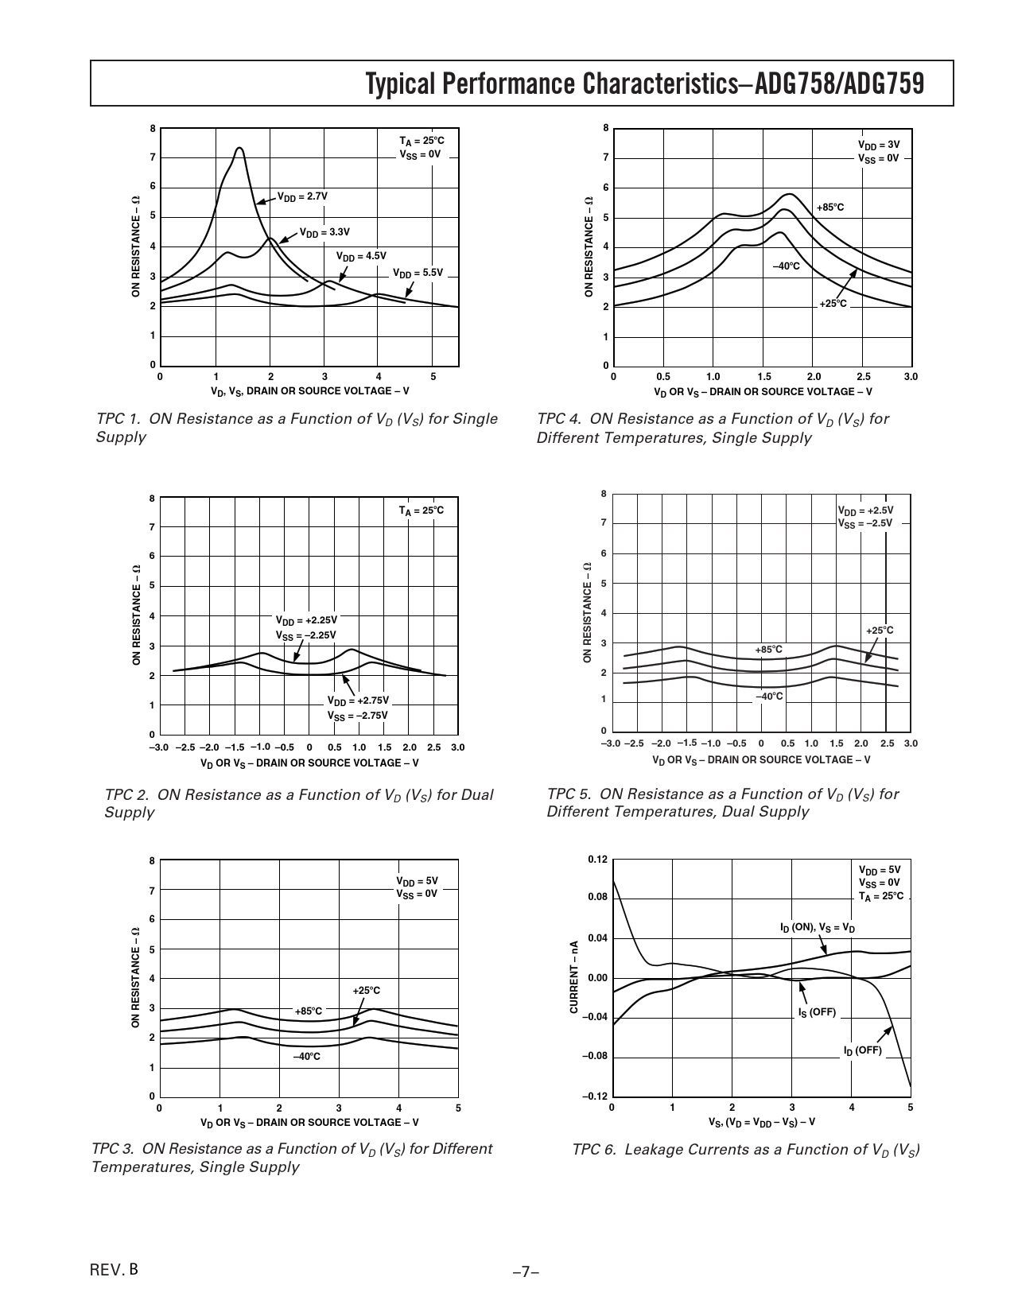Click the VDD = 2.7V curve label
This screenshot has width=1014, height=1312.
tap(302, 196)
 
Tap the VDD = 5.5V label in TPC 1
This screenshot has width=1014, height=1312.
tap(418, 273)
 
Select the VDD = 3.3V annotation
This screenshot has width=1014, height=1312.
tap(324, 232)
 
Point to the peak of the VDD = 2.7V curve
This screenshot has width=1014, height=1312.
tap(239, 148)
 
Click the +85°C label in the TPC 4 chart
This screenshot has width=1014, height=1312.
tap(830, 208)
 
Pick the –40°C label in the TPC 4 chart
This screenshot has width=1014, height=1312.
tap(787, 266)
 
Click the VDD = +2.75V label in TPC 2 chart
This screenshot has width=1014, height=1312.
tap(358, 701)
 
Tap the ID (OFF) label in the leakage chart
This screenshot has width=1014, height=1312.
tap(863, 1050)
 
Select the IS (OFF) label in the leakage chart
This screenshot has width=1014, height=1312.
tap(818, 1012)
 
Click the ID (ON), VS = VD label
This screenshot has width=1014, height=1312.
tap(818, 928)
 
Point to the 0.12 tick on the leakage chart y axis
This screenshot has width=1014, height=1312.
tap(597, 860)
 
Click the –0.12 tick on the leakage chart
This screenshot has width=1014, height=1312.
tap(595, 1097)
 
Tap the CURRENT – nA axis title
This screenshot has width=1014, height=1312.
tap(574, 977)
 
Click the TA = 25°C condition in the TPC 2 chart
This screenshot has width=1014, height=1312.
tap(422, 510)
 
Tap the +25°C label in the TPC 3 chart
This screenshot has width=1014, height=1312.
tap(366, 990)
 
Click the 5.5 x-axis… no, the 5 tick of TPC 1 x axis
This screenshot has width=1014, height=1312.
tap(433, 376)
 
